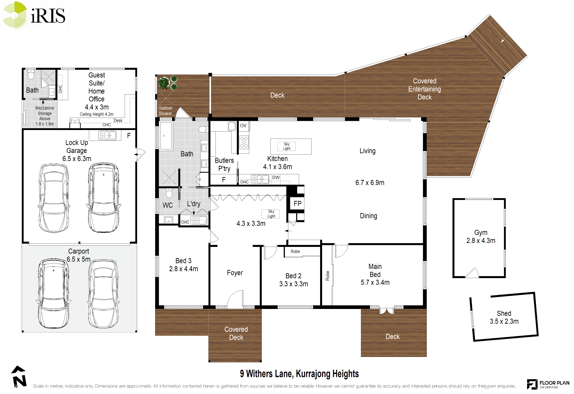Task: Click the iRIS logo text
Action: point(48,15)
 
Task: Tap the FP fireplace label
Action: point(297,204)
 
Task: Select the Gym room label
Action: point(481,232)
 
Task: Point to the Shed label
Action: point(504,313)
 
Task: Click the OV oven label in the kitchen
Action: point(243,125)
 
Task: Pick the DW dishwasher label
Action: point(276,178)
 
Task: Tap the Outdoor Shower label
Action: point(165,111)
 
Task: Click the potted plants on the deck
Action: point(168,82)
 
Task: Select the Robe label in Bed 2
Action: point(295,252)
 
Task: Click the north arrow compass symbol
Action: point(19,376)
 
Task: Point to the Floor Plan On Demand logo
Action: point(548,384)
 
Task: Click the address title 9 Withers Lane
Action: point(299,374)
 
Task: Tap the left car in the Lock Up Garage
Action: point(54,198)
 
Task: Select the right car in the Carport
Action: point(103,294)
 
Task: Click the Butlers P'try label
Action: point(224,164)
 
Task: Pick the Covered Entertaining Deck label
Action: point(424,89)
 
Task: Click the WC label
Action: point(168,205)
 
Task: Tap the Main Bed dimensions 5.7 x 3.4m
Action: point(375,282)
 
